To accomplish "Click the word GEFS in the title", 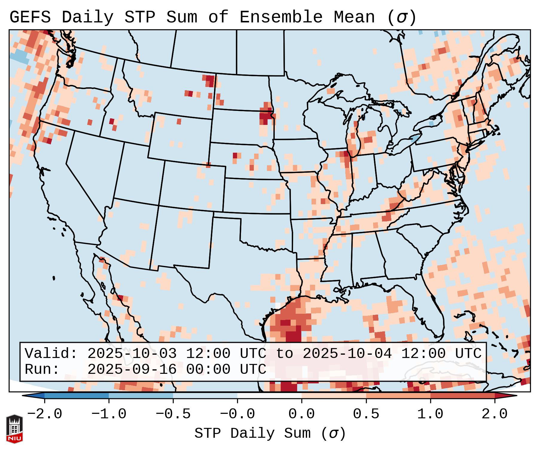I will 30,17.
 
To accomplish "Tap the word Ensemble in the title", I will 281,17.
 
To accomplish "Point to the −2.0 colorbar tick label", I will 45,414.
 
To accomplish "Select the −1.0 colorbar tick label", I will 109,414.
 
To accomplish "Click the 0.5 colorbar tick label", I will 366,414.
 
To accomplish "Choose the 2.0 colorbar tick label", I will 494,414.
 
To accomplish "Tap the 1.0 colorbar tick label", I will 430,414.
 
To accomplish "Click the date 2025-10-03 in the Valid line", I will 132,354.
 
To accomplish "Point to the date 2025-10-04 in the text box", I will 347,354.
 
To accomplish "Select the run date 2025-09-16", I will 132,370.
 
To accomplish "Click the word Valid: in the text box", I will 51,354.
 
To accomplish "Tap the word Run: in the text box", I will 42,370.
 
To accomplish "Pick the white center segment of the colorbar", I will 269,396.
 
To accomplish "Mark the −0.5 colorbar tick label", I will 173,414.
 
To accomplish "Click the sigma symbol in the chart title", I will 401,17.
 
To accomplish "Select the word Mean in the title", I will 354,17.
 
